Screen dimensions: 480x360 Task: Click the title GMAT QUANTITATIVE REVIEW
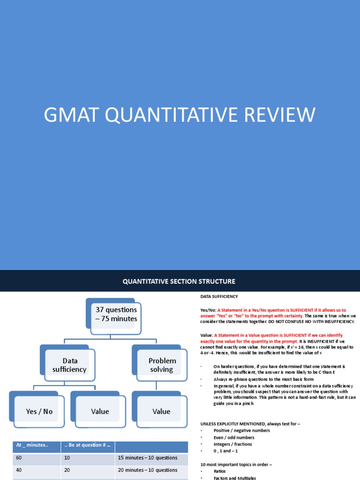[180, 115]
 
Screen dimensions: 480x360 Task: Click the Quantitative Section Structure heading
[179, 281]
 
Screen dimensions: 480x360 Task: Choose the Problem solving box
[162, 365]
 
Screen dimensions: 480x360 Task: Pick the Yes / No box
[39, 411]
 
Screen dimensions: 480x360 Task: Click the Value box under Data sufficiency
[100, 411]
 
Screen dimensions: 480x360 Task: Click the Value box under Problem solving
[161, 411]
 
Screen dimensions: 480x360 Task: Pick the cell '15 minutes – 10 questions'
[148, 457]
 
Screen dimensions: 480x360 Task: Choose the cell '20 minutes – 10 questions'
[148, 470]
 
